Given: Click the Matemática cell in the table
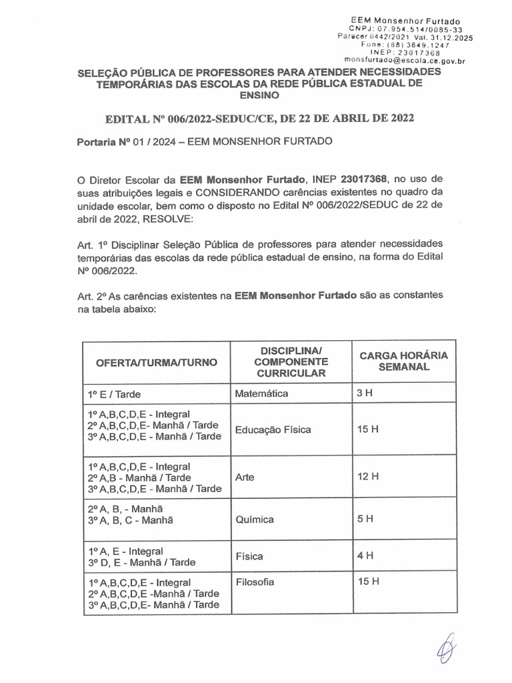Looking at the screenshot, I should pyautogui.click(x=262, y=394).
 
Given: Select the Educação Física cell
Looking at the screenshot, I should pyautogui.click(x=273, y=430).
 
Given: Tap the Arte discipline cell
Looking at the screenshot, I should pyautogui.click(x=245, y=477).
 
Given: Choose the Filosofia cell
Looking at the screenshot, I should pyautogui.click(x=255, y=582).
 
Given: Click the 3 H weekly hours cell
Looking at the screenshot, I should pyautogui.click(x=365, y=394).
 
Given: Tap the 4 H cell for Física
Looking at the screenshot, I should pyautogui.click(x=365, y=555).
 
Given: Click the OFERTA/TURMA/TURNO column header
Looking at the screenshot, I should pyautogui.click(x=157, y=362).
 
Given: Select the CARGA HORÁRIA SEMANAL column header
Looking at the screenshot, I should pyautogui.click(x=404, y=361).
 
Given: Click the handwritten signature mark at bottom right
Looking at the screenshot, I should pyautogui.click(x=446, y=648).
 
